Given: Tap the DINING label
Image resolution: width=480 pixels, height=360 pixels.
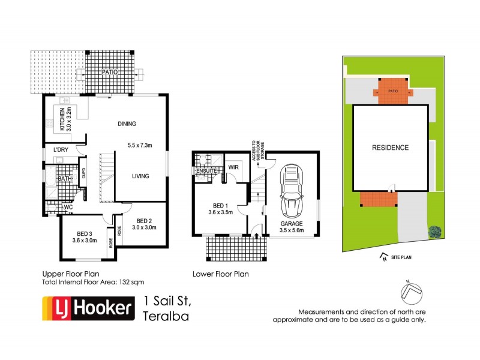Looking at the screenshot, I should (x=127, y=124).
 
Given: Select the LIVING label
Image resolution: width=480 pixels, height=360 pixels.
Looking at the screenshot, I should (x=140, y=176).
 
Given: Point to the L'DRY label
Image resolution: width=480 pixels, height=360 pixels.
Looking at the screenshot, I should (x=60, y=149).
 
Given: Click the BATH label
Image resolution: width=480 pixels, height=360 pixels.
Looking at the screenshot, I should (x=64, y=179).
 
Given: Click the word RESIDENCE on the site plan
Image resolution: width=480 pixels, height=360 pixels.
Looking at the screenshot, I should (x=390, y=148).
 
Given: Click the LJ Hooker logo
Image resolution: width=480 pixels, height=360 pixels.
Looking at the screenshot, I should (x=86, y=308).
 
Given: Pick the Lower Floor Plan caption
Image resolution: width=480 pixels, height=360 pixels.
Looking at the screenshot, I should (x=220, y=274).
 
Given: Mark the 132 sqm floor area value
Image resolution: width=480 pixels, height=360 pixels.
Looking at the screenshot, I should (x=131, y=281).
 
